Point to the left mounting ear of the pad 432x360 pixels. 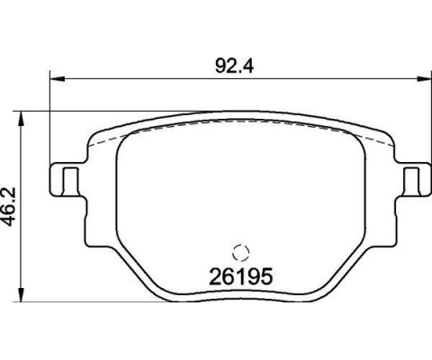point(66,177)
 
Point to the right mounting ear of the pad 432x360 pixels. point(414,177)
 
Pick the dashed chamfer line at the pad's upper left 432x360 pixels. point(103,134)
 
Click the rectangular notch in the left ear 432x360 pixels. point(66,178)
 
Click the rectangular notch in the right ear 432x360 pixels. point(413,178)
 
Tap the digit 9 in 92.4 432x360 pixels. point(215,65)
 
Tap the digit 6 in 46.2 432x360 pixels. point(13,214)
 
